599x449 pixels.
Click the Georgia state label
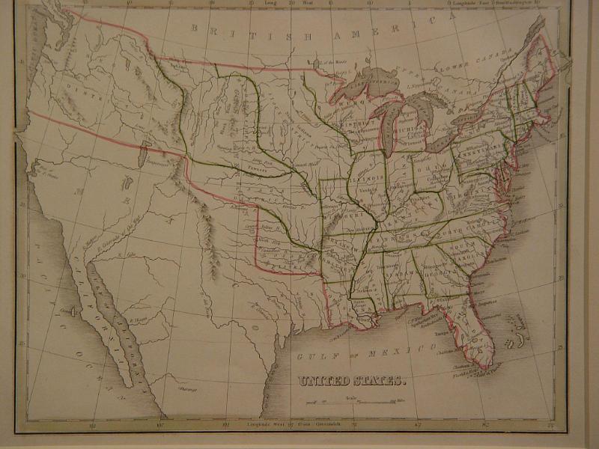pyautogui.click(x=441, y=274)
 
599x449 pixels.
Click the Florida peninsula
pyautogui.click(x=475, y=329)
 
